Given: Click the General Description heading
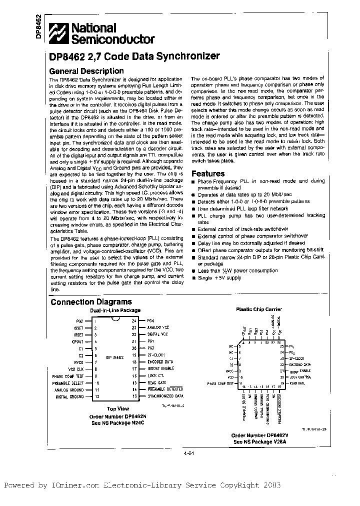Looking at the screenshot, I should click(86, 71).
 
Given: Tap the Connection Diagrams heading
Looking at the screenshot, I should click(91, 301).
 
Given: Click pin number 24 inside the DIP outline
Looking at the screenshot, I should click(133, 321).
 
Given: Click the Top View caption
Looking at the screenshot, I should click(118, 408).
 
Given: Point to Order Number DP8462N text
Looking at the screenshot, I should click(117, 415).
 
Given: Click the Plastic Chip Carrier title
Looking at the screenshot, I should click(258, 309).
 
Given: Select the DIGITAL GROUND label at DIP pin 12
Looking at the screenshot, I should click(70, 396).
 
